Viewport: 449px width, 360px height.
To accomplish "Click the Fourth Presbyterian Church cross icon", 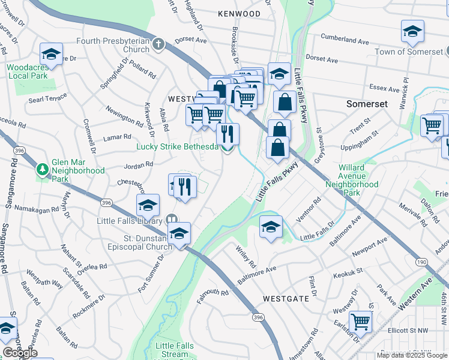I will coord(158,44).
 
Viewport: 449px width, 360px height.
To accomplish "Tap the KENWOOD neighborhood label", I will coord(240,14).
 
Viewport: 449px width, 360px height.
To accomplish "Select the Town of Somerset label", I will coord(409,52).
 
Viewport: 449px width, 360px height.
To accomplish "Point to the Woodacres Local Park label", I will coord(28,71).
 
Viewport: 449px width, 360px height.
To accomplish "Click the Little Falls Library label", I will coord(130,220).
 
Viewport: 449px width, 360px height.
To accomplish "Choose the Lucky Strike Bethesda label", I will coord(177,147).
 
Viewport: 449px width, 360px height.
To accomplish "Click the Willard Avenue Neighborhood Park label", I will coord(359,180).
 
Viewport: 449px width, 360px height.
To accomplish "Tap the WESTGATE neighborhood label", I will coord(286,298).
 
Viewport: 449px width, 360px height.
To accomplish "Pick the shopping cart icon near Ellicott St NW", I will coord(360,321).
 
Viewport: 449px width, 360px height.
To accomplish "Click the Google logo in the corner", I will coord(20,353).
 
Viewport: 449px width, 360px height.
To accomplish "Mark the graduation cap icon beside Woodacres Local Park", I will coord(52,55).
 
